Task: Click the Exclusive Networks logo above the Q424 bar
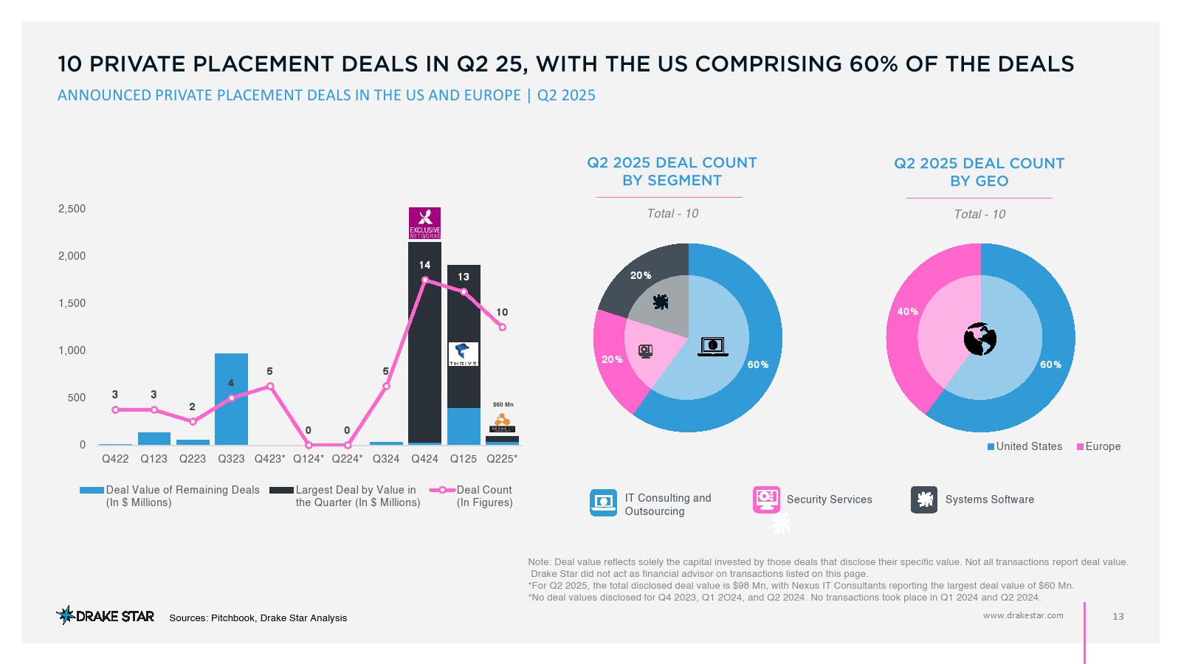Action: [x=424, y=223]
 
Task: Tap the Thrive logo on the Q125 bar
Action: [x=463, y=354]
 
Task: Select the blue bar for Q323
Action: [x=231, y=399]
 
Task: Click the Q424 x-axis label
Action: [x=424, y=459]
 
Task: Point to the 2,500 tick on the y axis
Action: [x=72, y=209]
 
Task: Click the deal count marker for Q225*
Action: [x=503, y=327]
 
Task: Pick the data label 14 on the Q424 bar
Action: [x=424, y=265]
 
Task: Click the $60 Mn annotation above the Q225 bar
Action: [x=503, y=404]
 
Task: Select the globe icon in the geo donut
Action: [x=980, y=339]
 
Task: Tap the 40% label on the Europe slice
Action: [x=907, y=311]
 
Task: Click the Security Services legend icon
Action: [x=766, y=499]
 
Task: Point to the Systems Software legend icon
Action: [x=924, y=499]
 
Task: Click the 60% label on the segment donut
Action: [x=758, y=364]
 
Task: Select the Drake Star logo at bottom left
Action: [x=106, y=615]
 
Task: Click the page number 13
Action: [x=1118, y=616]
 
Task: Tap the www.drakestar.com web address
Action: [x=1023, y=615]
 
